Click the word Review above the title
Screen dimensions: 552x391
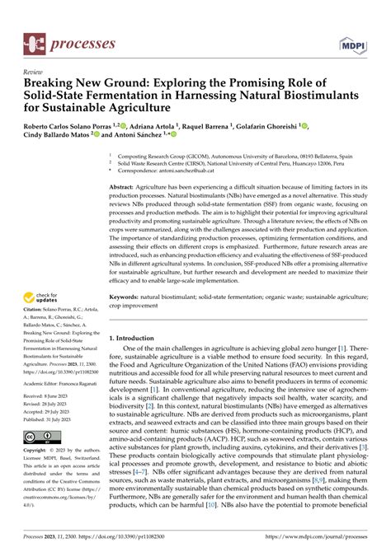click(x=37, y=73)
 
